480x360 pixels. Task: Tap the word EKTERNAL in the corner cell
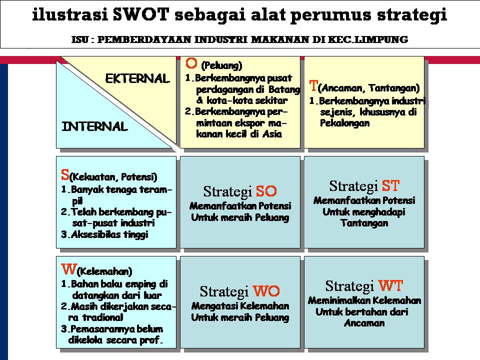(x=137, y=78)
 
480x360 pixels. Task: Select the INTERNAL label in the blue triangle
(x=95, y=126)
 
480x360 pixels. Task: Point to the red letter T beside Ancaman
(x=313, y=86)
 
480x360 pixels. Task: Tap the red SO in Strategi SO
(x=266, y=191)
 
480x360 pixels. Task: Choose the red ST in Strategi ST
(x=390, y=186)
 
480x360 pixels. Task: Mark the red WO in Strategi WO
(x=266, y=291)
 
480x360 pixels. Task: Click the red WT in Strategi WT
(x=390, y=286)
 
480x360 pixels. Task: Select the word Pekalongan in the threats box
(x=344, y=123)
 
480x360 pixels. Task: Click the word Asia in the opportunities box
(x=272, y=133)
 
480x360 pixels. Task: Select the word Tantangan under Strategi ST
(x=364, y=223)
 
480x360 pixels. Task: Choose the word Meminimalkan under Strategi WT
(x=334, y=301)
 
